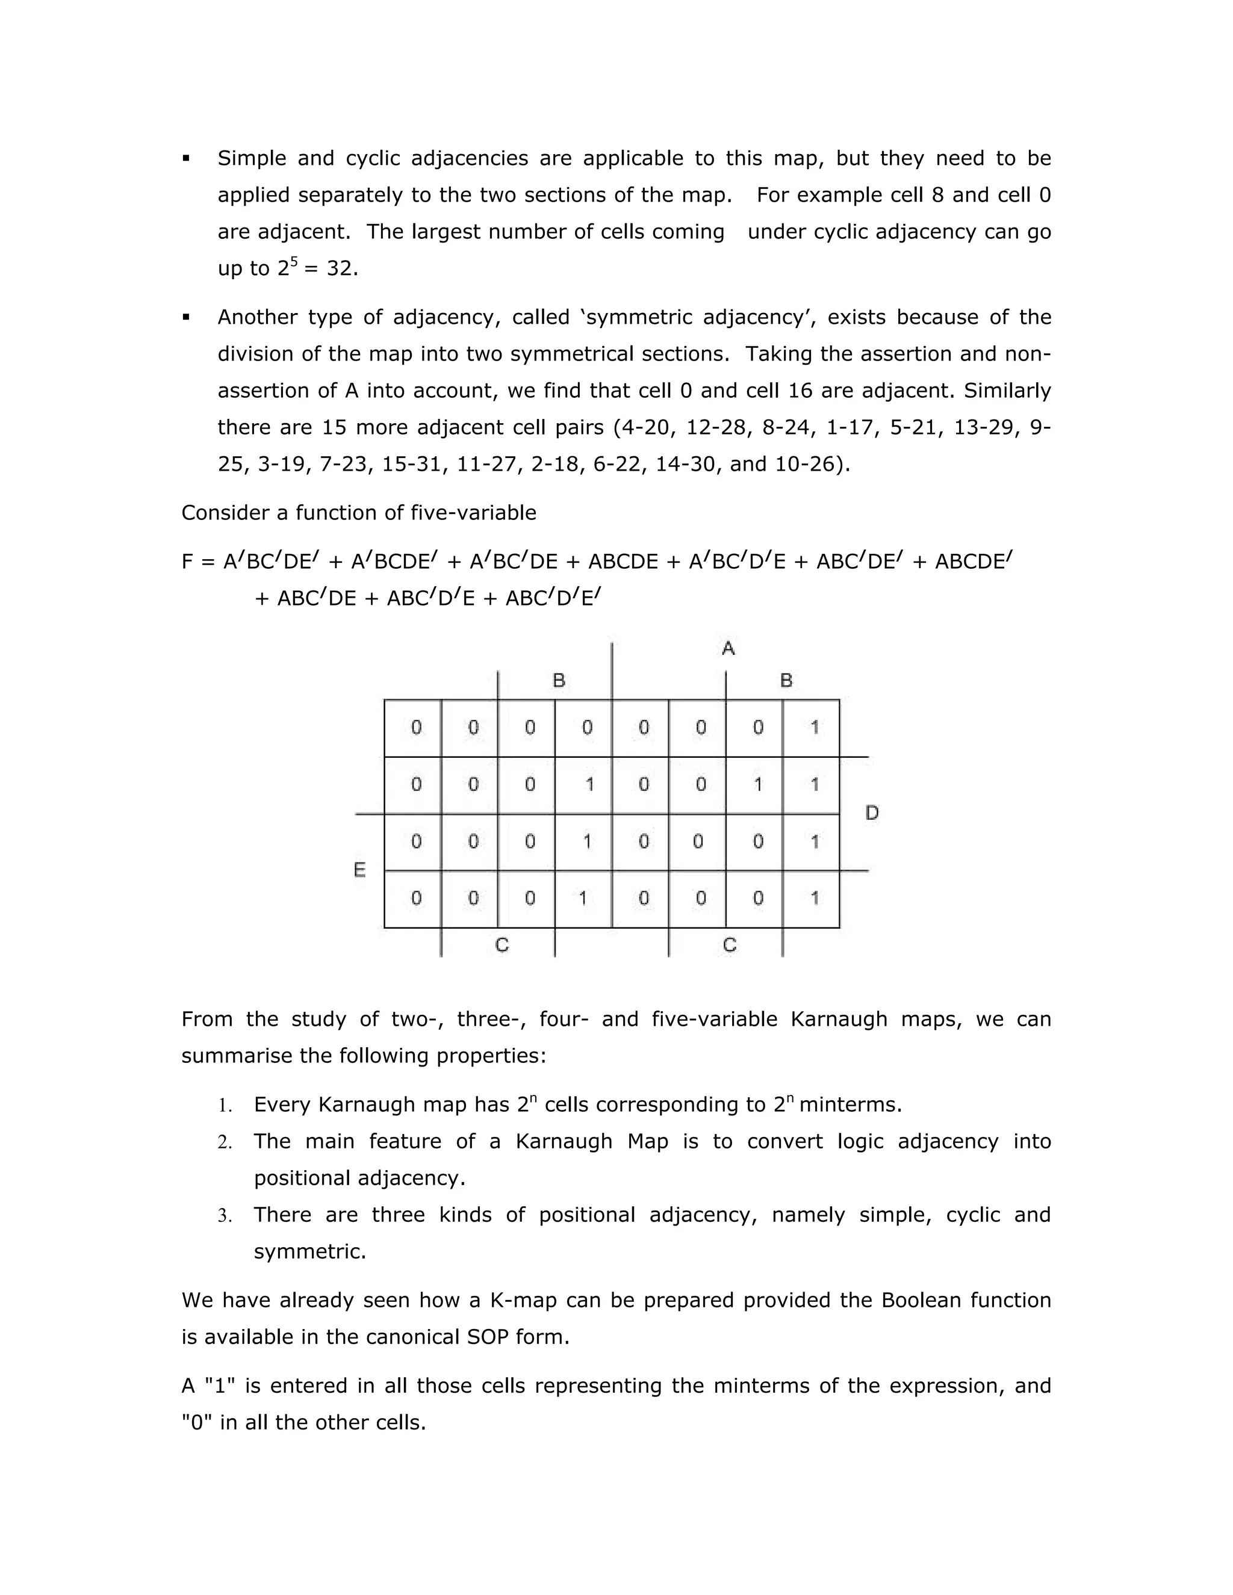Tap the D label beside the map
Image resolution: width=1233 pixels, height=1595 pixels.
click(871, 813)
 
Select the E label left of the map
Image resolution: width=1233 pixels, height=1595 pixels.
click(359, 870)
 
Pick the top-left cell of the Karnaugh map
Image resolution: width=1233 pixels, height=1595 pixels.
click(412, 728)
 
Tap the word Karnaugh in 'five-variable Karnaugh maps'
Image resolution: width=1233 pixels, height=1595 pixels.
click(839, 1019)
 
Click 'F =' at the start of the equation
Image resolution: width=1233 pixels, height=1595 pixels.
click(199, 562)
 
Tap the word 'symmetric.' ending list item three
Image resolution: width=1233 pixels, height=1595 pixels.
click(309, 1253)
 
